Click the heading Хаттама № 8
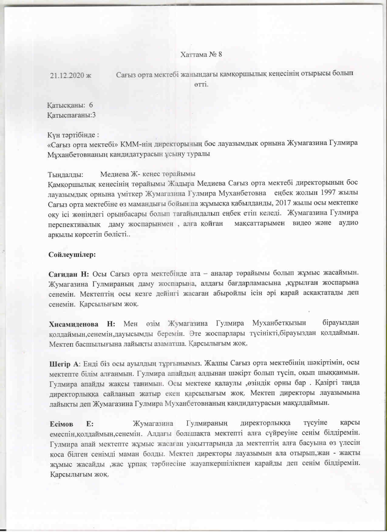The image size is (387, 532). pyautogui.click(x=201, y=54)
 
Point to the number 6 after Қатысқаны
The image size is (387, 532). pyautogui.click(x=91, y=105)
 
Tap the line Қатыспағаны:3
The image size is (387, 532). pyautogui.click(x=71, y=115)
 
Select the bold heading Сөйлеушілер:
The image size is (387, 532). pyautogui.click(x=72, y=254)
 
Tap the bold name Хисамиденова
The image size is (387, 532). pyautogui.click(x=74, y=324)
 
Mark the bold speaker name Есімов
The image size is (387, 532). pyautogui.click(x=61, y=424)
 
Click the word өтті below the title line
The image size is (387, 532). pyautogui.click(x=201, y=84)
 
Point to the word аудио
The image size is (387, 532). pyautogui.click(x=348, y=223)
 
